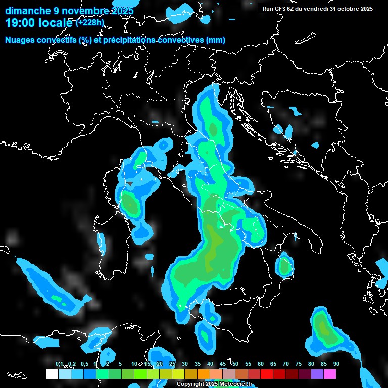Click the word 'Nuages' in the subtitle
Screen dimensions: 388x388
(20, 40)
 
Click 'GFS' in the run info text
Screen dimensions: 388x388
(286, 9)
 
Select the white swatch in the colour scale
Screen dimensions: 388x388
(52, 374)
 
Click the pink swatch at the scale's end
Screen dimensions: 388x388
(330, 374)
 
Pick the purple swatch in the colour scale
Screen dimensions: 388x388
(317, 374)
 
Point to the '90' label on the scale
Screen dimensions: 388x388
(336, 364)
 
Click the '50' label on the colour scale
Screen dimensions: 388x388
(235, 364)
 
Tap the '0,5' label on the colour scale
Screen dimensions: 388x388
(84, 364)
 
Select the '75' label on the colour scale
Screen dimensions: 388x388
(298, 364)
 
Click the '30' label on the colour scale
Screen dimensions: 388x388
(185, 364)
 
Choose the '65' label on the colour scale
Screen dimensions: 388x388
(273, 364)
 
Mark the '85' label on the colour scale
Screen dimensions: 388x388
(323, 364)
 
